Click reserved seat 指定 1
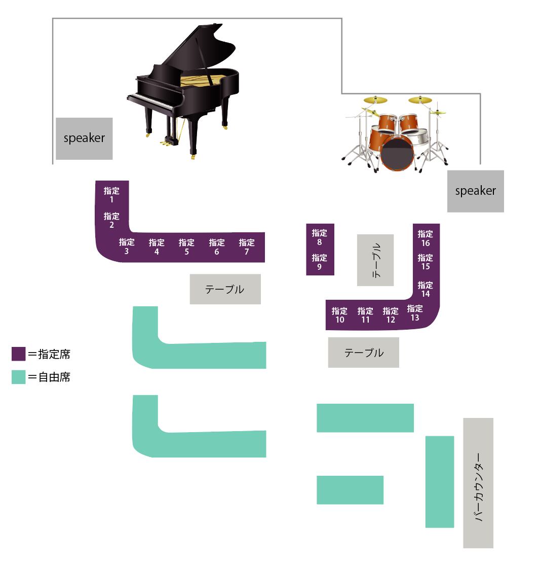click(111, 195)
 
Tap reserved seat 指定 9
click(320, 262)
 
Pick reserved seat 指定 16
click(425, 238)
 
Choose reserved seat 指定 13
click(415, 313)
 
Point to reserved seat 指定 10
click(339, 315)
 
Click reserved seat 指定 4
click(157, 247)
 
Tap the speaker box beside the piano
click(84, 138)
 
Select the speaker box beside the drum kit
click(475, 191)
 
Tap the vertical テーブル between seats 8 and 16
click(375, 260)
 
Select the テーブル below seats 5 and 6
click(225, 289)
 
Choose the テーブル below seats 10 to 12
click(363, 353)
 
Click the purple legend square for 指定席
click(18, 354)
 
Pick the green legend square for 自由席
click(18, 377)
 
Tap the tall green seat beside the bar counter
click(439, 481)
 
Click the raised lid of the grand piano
click(203, 51)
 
